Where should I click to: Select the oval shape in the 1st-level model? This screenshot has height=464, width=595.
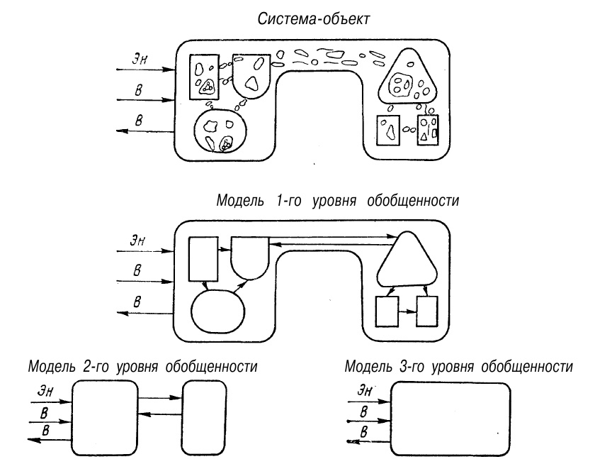[219, 310]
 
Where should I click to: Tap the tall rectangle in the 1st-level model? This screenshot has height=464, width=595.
[203, 259]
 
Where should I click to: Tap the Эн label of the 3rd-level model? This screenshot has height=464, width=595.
[365, 388]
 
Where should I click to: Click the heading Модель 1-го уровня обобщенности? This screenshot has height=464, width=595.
[339, 201]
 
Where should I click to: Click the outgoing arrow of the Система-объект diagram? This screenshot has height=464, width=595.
[146, 131]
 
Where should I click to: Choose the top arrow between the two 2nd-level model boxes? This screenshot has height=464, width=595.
[159, 399]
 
